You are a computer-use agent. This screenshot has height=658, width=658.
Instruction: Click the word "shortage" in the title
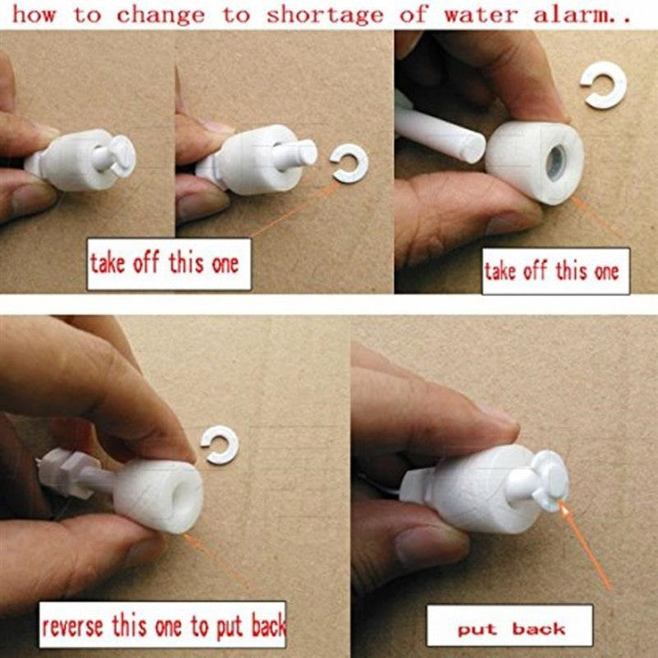324,16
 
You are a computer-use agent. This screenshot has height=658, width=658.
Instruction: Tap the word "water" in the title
481,16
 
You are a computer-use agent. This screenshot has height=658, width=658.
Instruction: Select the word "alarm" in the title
571,16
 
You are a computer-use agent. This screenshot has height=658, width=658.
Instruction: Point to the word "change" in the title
161,16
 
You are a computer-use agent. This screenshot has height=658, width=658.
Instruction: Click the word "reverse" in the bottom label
72,627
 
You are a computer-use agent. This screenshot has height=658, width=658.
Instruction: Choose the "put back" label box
510,625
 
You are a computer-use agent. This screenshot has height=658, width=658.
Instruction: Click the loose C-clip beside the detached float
604,85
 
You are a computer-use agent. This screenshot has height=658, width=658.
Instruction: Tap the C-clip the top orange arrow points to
349,164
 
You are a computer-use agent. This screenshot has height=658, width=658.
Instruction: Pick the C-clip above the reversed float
220,444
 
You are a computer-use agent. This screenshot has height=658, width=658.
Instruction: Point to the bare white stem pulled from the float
440,134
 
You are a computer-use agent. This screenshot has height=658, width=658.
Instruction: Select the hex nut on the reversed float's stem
69,473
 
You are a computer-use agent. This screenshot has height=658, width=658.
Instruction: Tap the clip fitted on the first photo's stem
122,156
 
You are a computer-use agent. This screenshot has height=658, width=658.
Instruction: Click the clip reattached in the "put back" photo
550,481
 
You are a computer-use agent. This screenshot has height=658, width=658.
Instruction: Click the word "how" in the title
34,16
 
